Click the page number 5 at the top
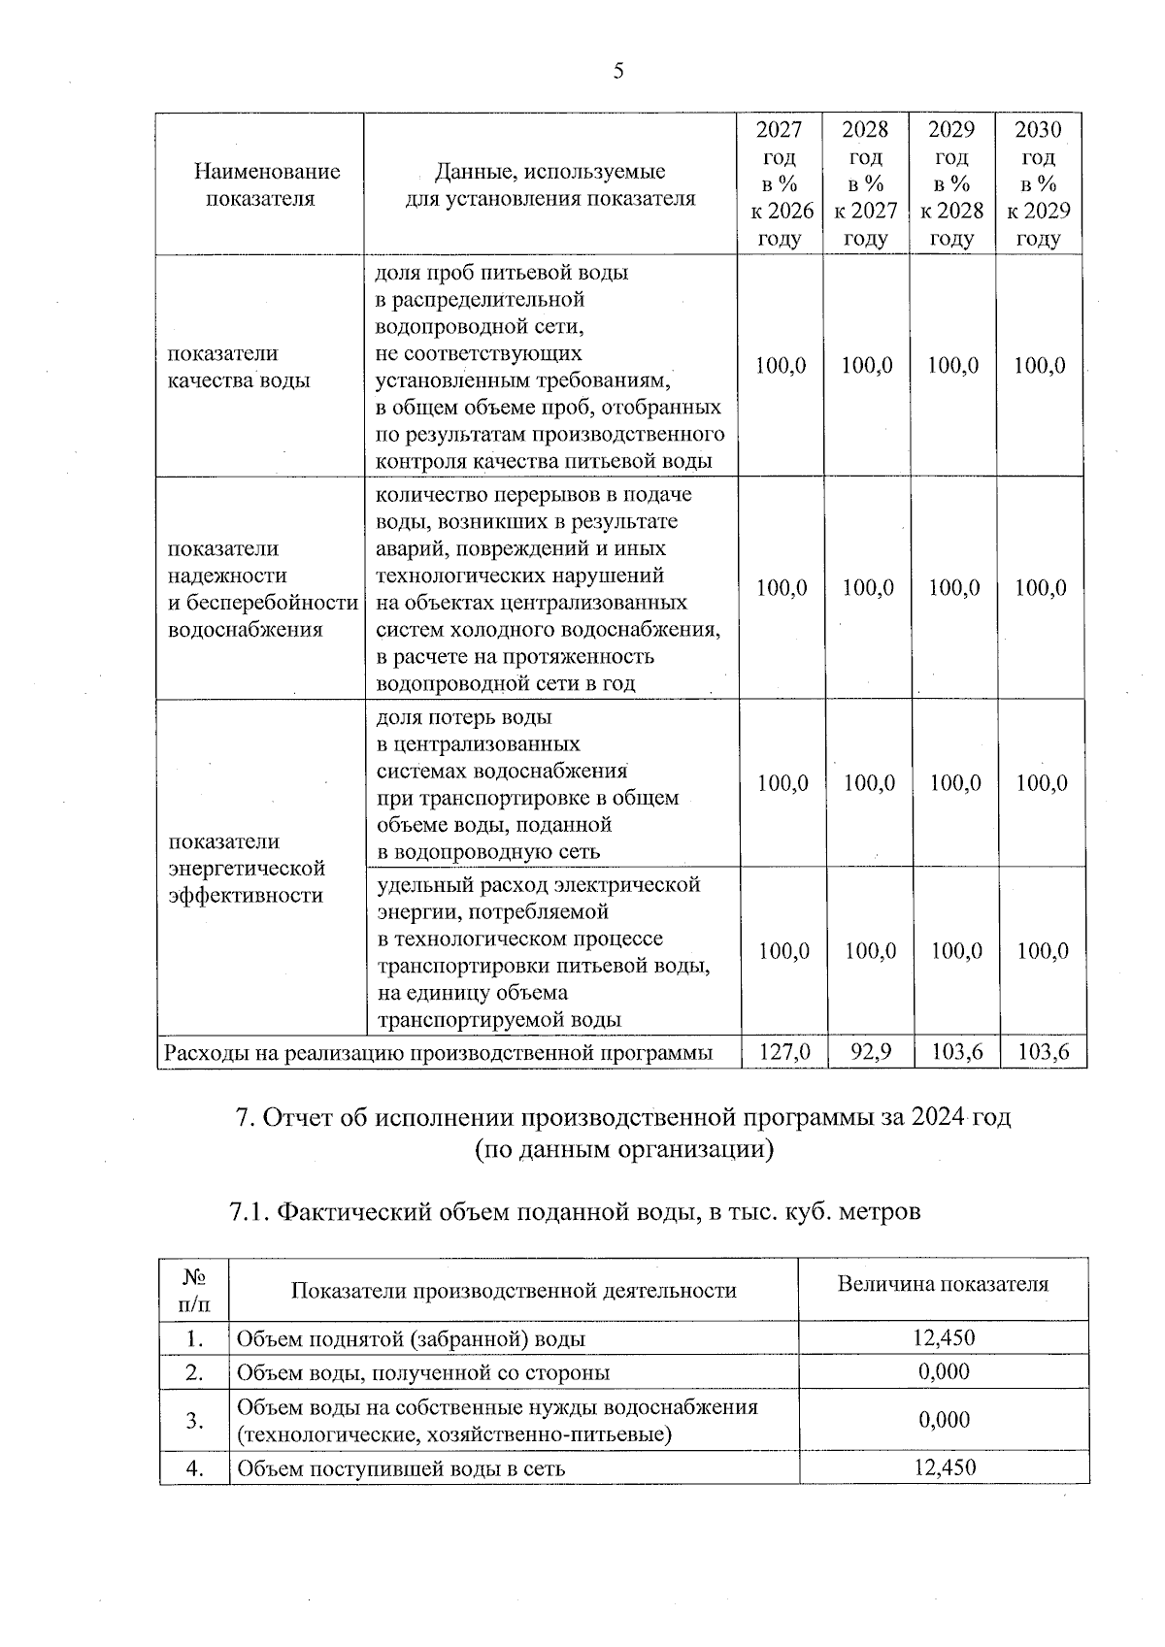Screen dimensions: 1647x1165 tap(618, 71)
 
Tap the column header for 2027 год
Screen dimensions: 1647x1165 tap(780, 184)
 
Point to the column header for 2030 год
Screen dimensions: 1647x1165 tap(1039, 184)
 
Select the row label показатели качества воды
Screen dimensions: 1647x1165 tap(239, 367)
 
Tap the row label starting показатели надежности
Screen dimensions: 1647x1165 tap(262, 589)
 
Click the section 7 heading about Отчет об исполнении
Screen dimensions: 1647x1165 tap(623, 1117)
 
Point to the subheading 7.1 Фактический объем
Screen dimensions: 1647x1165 tap(575, 1211)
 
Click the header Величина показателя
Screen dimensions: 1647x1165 tap(943, 1284)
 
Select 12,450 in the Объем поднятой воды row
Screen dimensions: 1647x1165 tap(944, 1338)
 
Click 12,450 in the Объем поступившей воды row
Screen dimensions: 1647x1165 tap(944, 1467)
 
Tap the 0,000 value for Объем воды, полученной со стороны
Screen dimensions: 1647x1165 tap(944, 1371)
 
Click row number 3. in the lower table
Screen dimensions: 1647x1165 tap(194, 1420)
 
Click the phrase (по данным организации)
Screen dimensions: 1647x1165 tap(623, 1150)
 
